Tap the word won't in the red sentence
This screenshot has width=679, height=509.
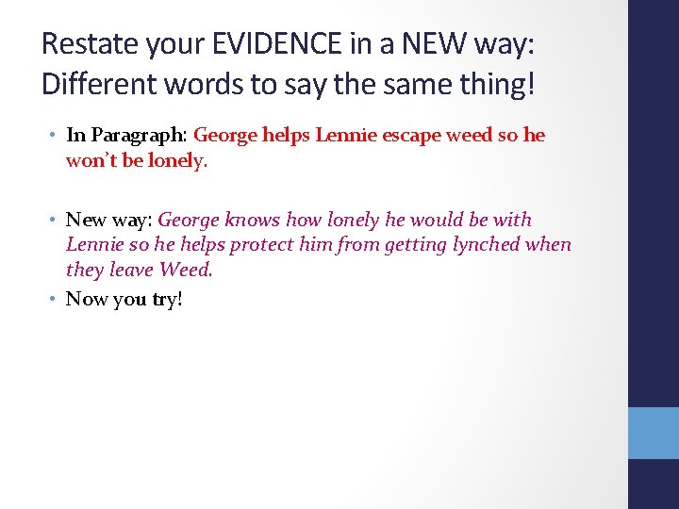click(x=90, y=161)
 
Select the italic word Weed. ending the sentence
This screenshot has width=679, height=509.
click(x=186, y=271)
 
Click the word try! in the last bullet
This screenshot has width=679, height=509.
click(x=166, y=300)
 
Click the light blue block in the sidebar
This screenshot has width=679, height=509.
click(x=653, y=433)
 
